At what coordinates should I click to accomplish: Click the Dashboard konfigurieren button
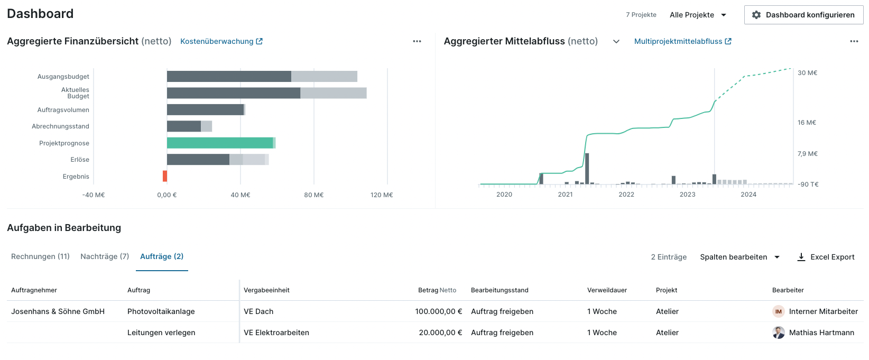coord(803,15)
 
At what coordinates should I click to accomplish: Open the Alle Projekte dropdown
coord(698,15)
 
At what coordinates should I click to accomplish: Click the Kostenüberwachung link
coord(221,41)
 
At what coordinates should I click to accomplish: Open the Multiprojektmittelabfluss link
coord(682,41)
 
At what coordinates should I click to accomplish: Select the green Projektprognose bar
coord(220,143)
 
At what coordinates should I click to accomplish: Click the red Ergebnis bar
coord(165,176)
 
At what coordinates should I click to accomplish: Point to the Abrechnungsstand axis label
coord(60,126)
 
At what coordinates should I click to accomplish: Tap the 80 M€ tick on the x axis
coord(314,195)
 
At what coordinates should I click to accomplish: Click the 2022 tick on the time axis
coord(626,195)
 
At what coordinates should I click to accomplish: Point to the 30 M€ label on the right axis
coord(807,73)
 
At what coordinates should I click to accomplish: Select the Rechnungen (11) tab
coord(40,256)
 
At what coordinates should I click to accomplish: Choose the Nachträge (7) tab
coord(105,256)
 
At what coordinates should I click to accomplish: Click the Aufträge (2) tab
coord(162,256)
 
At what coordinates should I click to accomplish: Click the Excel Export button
coord(826,257)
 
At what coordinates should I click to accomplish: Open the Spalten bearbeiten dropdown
coord(739,257)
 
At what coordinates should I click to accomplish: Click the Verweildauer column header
coord(607,290)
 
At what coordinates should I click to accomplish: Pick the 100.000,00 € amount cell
coord(438,311)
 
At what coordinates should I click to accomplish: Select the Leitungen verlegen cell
coord(161,333)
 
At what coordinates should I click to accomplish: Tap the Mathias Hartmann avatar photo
coord(779,333)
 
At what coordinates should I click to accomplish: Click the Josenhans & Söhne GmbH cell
coord(58,311)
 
